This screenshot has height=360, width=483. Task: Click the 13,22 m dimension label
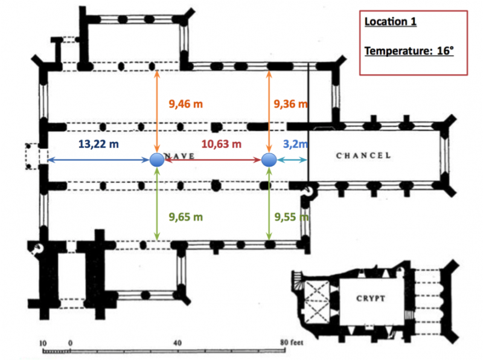pos(98,144)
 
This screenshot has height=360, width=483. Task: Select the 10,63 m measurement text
pos(222,144)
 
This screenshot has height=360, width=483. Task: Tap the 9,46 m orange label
pos(186,104)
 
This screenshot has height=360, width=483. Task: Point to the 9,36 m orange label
pos(290,104)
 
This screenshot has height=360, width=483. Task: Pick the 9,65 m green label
pos(186,217)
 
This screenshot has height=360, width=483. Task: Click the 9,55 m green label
pos(292,217)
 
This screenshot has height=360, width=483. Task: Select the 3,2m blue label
pos(295,144)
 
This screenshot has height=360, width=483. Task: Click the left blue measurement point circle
pos(157,160)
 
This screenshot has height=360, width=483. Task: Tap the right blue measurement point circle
pos(269,160)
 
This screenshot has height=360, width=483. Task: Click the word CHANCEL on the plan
pos(363,155)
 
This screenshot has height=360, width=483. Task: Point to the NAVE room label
pos(179,156)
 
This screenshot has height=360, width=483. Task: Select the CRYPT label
pos(371,298)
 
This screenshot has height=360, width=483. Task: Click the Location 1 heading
pos(390,22)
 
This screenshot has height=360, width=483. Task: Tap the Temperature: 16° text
pos(409,51)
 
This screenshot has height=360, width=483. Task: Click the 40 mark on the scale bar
pos(178,342)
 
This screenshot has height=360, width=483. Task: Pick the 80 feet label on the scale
pos(292,342)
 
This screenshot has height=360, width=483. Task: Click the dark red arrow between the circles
pos(213,160)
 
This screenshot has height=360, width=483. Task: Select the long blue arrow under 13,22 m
pos(98,160)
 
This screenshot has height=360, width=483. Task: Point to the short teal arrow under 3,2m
pos(292,160)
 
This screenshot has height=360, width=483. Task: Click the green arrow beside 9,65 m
pos(157,204)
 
